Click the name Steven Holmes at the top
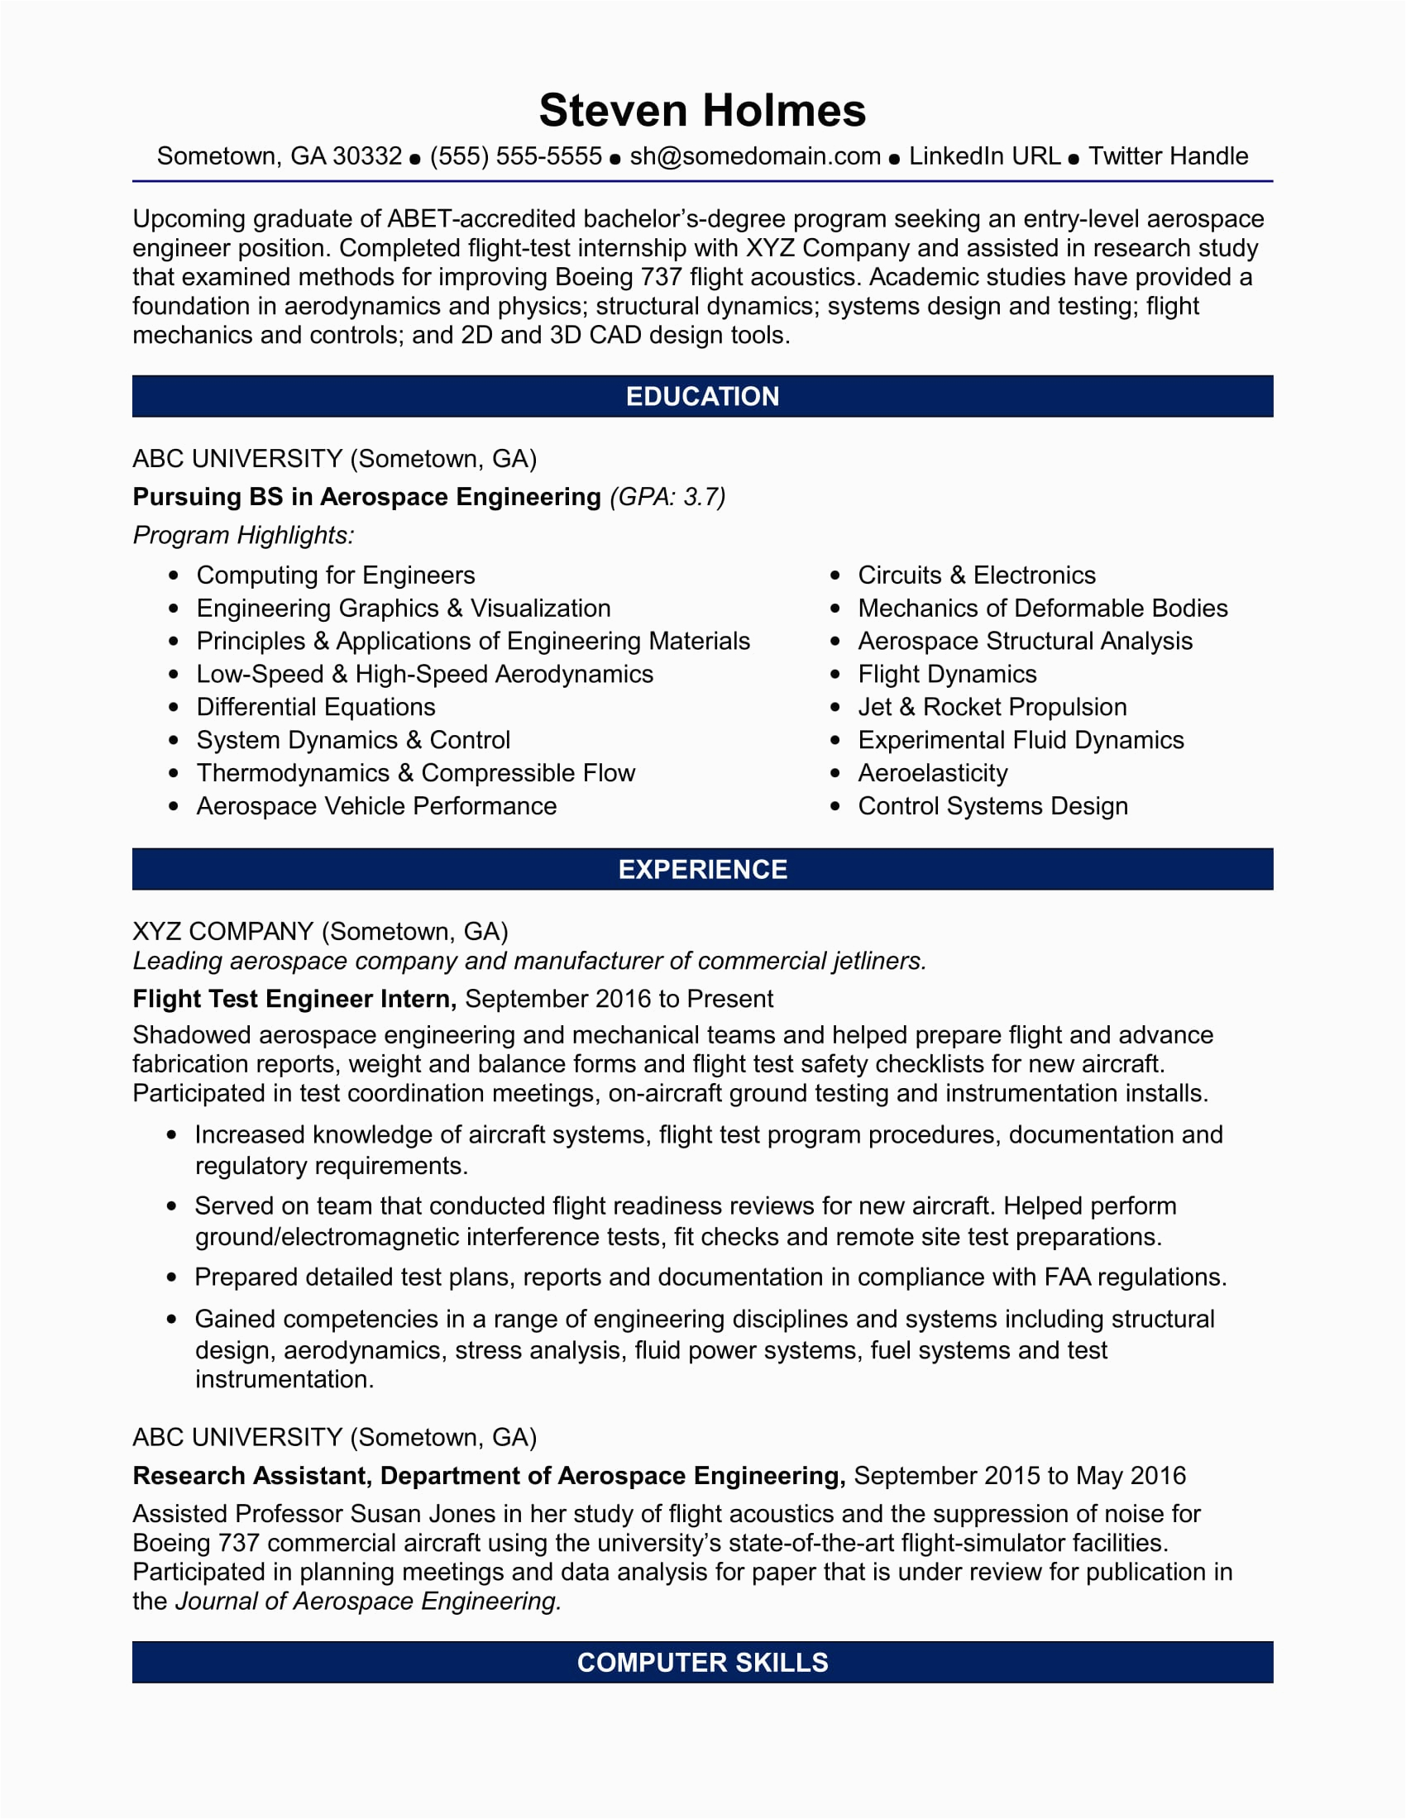point(702,111)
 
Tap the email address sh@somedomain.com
point(754,156)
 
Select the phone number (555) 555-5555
point(515,156)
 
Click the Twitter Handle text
point(1168,156)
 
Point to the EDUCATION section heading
point(702,396)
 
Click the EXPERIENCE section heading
point(702,870)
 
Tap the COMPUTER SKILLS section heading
point(702,1663)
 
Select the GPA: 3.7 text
point(668,497)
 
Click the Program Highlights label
point(243,535)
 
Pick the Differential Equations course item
point(316,707)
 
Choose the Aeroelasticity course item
point(932,773)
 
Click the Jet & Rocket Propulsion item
point(991,707)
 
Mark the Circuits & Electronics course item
point(976,575)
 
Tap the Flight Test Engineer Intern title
point(294,999)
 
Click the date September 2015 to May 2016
point(1019,1476)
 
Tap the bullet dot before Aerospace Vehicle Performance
point(173,806)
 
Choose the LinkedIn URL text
point(983,156)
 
